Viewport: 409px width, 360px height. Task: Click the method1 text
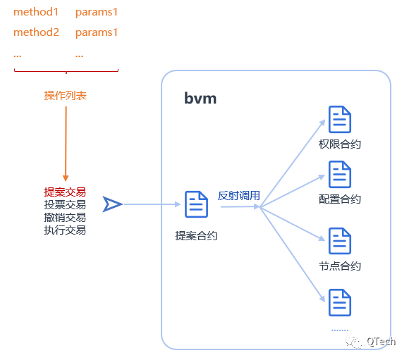(x=36, y=12)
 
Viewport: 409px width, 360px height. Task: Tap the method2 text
(x=36, y=32)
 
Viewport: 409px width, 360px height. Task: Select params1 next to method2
(x=97, y=33)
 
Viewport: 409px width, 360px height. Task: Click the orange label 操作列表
(x=65, y=96)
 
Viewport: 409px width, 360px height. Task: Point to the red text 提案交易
(x=65, y=192)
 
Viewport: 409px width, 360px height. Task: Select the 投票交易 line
(x=65, y=205)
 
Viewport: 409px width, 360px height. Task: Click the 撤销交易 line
(x=65, y=218)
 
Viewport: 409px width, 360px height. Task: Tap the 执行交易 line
(x=65, y=230)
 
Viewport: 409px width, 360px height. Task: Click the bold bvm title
(x=200, y=98)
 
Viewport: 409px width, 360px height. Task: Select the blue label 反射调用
(x=239, y=196)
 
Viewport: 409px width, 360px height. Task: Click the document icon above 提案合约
(x=196, y=204)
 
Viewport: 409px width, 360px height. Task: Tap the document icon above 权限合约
(x=340, y=119)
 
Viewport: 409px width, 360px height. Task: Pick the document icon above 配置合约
(x=340, y=175)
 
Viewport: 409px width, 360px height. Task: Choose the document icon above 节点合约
(x=340, y=241)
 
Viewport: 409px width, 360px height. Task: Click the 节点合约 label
(x=340, y=266)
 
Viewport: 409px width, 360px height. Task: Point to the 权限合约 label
(x=340, y=144)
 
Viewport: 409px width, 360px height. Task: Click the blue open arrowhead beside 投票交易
(x=113, y=204)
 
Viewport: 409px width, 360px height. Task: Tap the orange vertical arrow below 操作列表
(x=66, y=144)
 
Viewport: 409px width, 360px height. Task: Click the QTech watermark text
(x=381, y=341)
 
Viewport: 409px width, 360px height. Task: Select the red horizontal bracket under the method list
(x=66, y=71)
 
